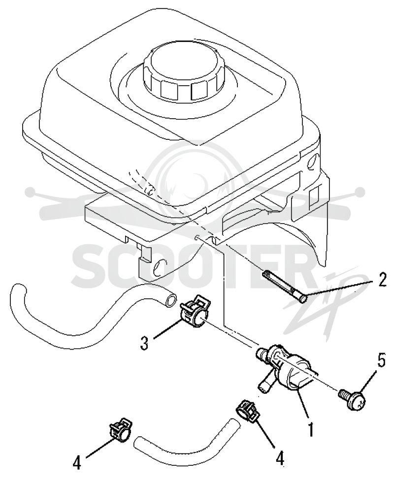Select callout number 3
click(x=144, y=343)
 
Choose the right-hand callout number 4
click(x=280, y=459)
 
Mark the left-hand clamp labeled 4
click(x=119, y=429)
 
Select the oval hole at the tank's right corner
click(x=312, y=162)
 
